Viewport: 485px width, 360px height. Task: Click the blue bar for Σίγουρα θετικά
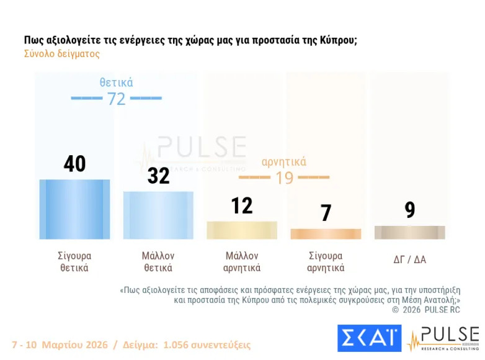[74, 209]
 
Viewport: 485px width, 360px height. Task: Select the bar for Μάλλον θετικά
[158, 215]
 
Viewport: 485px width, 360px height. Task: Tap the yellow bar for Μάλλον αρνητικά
[242, 230]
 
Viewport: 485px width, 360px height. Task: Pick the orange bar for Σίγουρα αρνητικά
[326, 233]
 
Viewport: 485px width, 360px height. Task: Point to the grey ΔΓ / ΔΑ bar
[409, 232]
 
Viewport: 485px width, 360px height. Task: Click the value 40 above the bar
[74, 164]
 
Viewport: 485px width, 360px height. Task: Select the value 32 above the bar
[158, 176]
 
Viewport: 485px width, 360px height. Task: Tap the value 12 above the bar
[242, 205]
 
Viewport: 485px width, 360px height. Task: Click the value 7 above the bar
[326, 213]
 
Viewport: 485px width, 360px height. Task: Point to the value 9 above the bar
[409, 210]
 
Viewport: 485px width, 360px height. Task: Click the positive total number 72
[117, 98]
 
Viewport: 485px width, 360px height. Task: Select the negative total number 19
[284, 178]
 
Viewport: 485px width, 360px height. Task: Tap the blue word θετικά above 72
[117, 83]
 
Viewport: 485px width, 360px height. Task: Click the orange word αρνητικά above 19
[284, 162]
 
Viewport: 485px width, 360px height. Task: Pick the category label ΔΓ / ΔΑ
[409, 259]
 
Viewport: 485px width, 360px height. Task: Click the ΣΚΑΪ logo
[369, 338]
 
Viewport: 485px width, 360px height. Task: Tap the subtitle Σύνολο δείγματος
[62, 54]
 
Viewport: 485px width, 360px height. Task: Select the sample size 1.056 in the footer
[176, 344]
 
